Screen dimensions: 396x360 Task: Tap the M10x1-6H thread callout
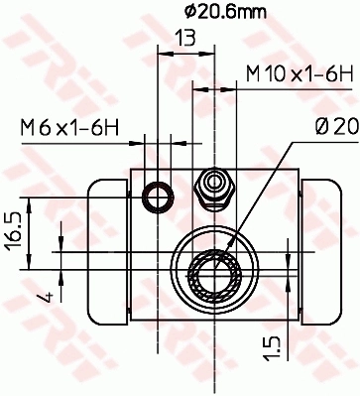tap(299, 73)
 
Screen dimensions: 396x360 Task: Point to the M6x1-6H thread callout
tap(69, 127)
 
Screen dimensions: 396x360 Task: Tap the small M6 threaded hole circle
tap(157, 197)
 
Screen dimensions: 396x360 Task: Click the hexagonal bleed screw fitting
tap(212, 186)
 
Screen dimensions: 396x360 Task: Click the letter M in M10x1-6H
tap(254, 73)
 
